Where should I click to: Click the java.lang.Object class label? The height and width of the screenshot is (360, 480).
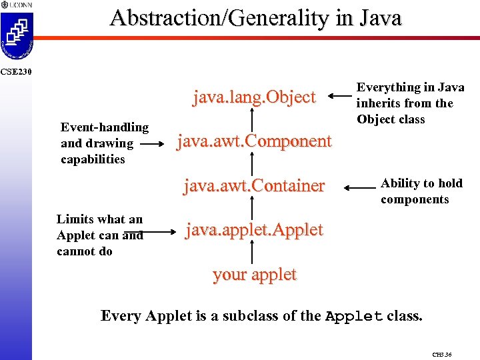(x=254, y=97)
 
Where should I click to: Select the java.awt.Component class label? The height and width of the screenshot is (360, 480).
(x=253, y=141)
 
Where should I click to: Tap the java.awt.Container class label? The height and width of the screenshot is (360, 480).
(x=254, y=185)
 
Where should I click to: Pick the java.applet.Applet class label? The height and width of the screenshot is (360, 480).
(x=254, y=230)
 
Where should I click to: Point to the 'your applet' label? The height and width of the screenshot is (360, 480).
(x=254, y=275)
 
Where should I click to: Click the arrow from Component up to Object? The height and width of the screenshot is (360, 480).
(x=252, y=119)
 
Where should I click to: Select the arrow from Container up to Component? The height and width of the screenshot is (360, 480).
(x=252, y=163)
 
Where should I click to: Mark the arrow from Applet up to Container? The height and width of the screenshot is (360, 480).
(x=252, y=207)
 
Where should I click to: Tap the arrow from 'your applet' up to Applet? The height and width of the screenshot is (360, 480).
(x=252, y=252)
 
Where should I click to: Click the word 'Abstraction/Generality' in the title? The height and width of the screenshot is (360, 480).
(x=194, y=18)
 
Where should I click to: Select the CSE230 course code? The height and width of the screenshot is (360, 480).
(x=13, y=71)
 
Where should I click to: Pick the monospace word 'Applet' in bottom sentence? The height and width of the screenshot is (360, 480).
(x=353, y=316)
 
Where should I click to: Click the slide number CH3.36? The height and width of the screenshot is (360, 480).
(x=441, y=355)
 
